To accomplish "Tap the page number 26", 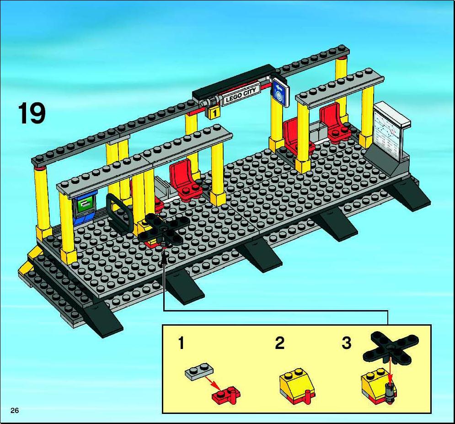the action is click(15, 410).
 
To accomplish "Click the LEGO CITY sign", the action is click(241, 95).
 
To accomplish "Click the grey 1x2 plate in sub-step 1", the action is click(199, 370).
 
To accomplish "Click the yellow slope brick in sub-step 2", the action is click(295, 383).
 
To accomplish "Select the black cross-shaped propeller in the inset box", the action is click(391, 347).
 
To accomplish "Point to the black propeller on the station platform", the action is click(164, 229).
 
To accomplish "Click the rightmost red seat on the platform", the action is click(333, 121).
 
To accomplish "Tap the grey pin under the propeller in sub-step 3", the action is click(390, 392).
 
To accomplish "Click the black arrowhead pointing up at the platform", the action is click(164, 258).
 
